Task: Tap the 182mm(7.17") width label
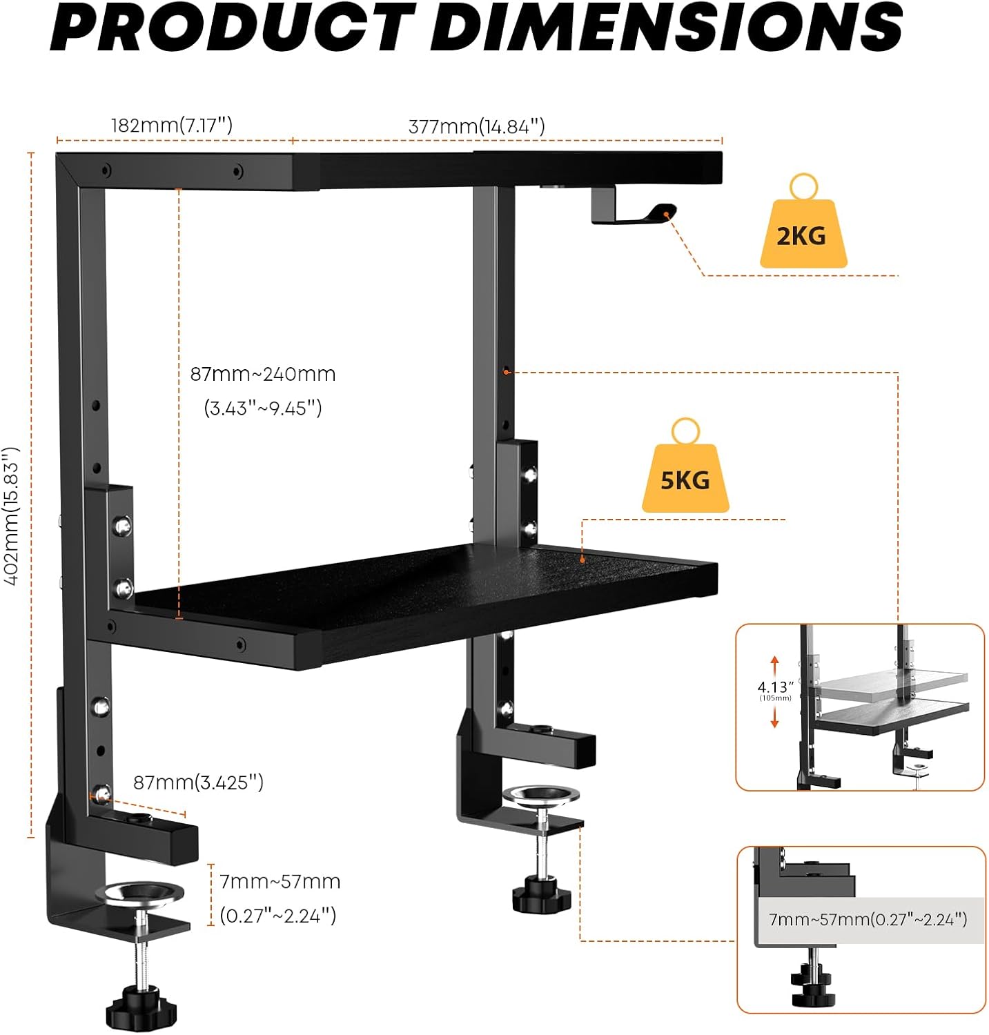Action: (x=172, y=126)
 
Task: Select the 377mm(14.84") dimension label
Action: (x=477, y=127)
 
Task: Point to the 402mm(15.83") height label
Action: (x=12, y=516)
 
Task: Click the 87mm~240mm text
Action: (x=263, y=374)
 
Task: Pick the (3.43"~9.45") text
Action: (x=263, y=408)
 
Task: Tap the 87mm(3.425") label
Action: (x=198, y=782)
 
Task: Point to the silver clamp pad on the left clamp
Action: (x=139, y=894)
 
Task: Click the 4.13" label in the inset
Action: (x=775, y=687)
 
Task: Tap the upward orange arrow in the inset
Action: (x=775, y=665)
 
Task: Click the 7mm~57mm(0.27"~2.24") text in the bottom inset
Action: (x=868, y=919)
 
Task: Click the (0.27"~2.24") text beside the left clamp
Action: (x=278, y=916)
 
